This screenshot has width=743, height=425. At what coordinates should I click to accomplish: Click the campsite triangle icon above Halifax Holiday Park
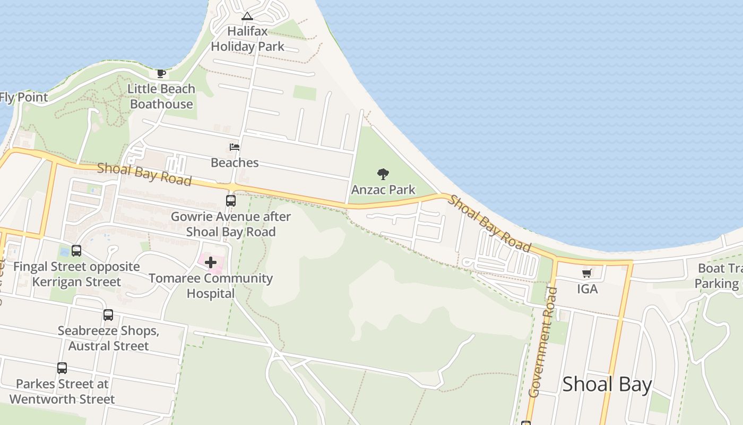pyautogui.click(x=247, y=16)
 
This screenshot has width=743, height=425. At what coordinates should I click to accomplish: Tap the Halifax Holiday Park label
pyautogui.click(x=248, y=39)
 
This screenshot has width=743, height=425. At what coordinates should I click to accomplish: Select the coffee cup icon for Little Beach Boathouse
pyautogui.click(x=161, y=73)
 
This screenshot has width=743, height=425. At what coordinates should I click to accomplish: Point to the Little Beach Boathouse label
pyautogui.click(x=161, y=96)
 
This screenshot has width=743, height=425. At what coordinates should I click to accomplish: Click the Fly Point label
pyautogui.click(x=24, y=97)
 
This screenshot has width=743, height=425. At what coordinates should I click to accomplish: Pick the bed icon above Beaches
pyautogui.click(x=235, y=147)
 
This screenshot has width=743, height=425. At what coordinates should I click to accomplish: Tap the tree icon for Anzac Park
pyautogui.click(x=383, y=174)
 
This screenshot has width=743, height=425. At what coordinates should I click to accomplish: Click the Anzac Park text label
pyautogui.click(x=383, y=190)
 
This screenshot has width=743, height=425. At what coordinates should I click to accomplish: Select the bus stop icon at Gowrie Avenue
pyautogui.click(x=231, y=200)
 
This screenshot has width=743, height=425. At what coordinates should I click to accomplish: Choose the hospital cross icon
pyautogui.click(x=211, y=262)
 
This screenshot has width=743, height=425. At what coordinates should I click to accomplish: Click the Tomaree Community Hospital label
pyautogui.click(x=211, y=286)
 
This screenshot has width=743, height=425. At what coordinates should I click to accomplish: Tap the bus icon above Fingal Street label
pyautogui.click(x=76, y=251)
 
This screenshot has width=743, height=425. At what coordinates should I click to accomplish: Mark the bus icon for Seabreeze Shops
pyautogui.click(x=108, y=315)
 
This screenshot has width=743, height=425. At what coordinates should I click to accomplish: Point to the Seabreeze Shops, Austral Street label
pyautogui.click(x=108, y=338)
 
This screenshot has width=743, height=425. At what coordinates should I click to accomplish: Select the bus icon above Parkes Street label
pyautogui.click(x=62, y=368)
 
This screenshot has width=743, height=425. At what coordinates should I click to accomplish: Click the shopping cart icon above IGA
pyautogui.click(x=587, y=274)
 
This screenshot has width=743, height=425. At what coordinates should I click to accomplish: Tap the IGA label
pyautogui.click(x=587, y=289)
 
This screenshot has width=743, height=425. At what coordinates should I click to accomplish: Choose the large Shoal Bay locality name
pyautogui.click(x=607, y=384)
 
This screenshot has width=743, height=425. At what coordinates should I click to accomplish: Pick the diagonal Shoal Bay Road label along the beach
pyautogui.click(x=489, y=223)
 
